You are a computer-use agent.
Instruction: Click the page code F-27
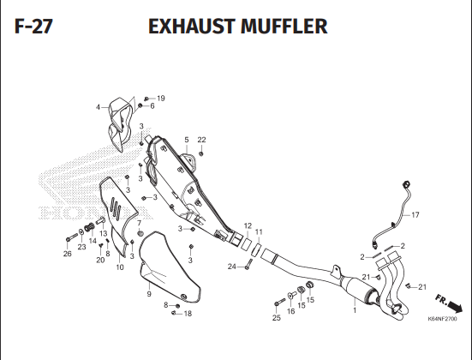click(33, 27)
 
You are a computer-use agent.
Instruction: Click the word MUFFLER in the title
click(284, 27)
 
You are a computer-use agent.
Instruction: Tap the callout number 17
click(415, 215)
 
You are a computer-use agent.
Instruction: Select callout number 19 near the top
click(161, 99)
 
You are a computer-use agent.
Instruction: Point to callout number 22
click(201, 140)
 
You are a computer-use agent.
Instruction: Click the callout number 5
click(187, 140)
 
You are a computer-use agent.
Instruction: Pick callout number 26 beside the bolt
click(68, 254)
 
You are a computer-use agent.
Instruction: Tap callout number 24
click(232, 267)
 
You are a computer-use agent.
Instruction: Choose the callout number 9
click(149, 294)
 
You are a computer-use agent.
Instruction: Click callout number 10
click(120, 267)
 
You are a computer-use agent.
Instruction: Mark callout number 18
click(188, 314)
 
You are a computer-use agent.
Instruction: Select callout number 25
click(277, 317)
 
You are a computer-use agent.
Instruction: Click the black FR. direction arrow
click(456, 308)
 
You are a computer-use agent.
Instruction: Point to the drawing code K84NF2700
click(442, 319)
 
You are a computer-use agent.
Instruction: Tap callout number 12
click(248, 226)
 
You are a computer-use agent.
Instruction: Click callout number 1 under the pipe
click(355, 310)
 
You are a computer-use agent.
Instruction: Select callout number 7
click(139, 223)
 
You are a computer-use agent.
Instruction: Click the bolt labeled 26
click(72, 237)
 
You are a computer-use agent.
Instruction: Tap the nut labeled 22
click(201, 154)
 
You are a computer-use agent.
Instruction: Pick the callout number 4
click(98, 107)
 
